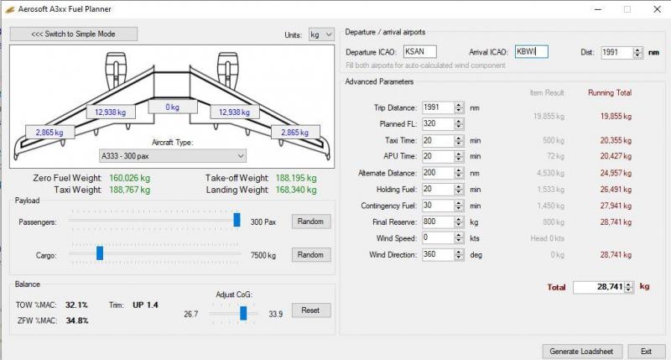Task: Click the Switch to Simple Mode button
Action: coord(74,34)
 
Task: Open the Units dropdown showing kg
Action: coord(321,34)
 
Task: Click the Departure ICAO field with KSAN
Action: coord(420,52)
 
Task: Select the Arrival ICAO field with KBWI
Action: coord(531,52)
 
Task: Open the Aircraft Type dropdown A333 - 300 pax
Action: coord(173,156)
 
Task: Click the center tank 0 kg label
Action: coord(173,107)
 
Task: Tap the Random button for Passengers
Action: coord(310,222)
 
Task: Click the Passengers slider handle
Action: coord(237,220)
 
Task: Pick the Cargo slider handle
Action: coord(100,253)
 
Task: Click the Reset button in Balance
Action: coord(310,310)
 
